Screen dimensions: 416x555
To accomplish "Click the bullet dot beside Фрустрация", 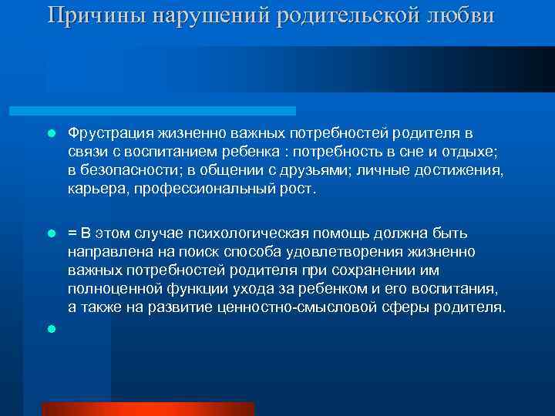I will tap(51, 133).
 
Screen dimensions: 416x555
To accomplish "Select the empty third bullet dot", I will tap(51, 328).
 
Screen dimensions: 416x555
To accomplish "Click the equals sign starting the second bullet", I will tap(72, 233).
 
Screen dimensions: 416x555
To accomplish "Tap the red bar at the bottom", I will tap(148, 408).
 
